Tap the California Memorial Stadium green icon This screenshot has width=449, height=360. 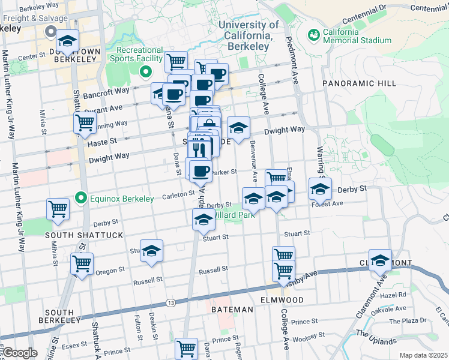pos(313,36)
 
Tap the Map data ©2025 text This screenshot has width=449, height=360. pos(423,355)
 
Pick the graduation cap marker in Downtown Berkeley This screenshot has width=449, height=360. pos(68,41)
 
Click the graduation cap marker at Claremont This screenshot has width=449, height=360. pos(380,260)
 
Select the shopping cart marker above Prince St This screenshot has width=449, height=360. pos(186,347)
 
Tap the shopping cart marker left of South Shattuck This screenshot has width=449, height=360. pos(58,209)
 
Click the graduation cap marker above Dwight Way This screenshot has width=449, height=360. pos(238,128)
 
